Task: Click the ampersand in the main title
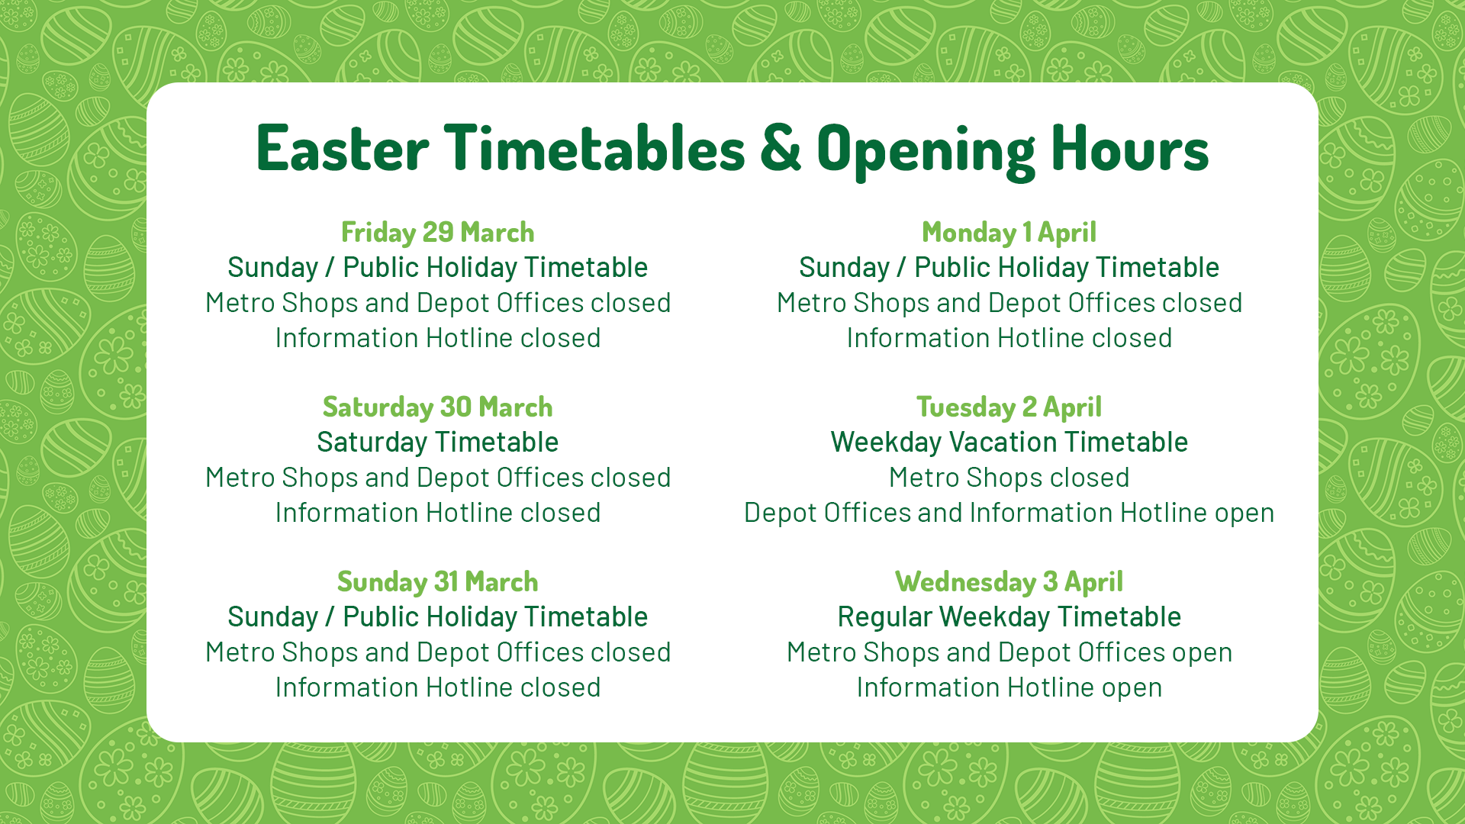780,148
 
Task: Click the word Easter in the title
343,148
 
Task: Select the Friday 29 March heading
437,232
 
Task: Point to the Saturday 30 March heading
437,407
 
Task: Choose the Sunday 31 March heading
437,581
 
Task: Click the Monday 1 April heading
1009,232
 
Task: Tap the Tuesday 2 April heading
1009,407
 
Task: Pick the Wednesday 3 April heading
1009,581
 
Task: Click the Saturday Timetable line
437,443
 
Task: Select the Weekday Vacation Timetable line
1009,443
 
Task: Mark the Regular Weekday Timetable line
1009,617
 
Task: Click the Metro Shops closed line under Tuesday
1009,478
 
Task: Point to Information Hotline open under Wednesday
1009,687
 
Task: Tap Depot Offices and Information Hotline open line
1009,513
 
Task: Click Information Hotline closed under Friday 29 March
437,338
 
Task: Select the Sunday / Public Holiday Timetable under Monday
1009,268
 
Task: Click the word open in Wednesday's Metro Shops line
1202,653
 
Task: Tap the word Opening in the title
926,151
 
